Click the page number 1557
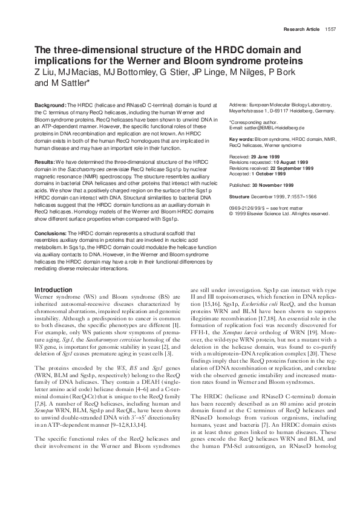pyautogui.click(x=330, y=29)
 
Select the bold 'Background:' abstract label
pyautogui.click(x=51, y=104)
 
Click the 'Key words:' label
pyautogui.click(x=241, y=139)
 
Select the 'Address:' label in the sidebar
pyautogui.click(x=240, y=105)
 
